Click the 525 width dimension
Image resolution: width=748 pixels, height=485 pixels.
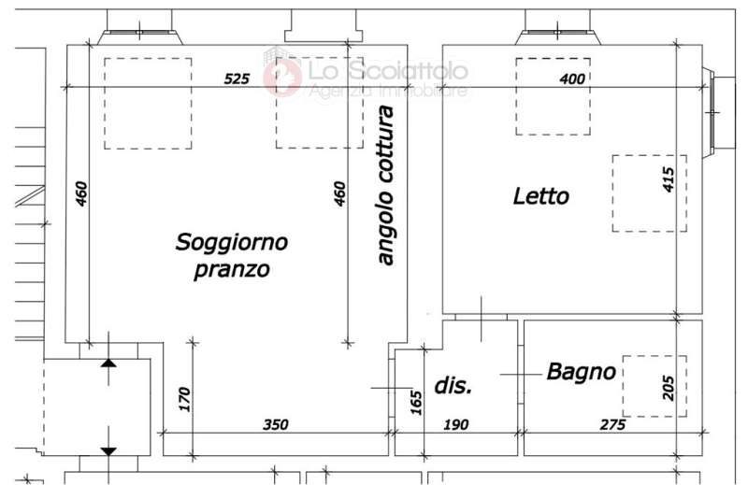[237, 78]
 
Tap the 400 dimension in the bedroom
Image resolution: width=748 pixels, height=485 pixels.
[572, 78]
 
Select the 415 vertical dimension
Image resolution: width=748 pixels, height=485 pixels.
[669, 179]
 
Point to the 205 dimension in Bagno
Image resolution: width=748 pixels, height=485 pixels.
[669, 388]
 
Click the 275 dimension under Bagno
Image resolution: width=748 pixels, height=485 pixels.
[612, 424]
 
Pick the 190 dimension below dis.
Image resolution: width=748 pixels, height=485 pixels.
[456, 424]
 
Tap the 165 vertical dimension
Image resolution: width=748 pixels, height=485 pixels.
[416, 403]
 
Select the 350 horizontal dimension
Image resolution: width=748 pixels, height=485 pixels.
[276, 424]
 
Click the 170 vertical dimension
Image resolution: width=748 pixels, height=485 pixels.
[184, 399]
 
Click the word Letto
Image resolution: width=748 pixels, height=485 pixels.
[541, 196]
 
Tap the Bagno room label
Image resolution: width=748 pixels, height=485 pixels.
[581, 372]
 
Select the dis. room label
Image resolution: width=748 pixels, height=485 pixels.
[453, 385]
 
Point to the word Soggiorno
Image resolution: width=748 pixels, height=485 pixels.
[232, 243]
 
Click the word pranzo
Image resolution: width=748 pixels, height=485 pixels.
[232, 270]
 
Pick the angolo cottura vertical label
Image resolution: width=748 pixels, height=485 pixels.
[385, 185]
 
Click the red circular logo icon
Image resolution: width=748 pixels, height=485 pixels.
[283, 77]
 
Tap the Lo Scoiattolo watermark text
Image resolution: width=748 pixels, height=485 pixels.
[388, 71]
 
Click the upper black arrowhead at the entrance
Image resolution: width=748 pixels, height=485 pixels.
[108, 363]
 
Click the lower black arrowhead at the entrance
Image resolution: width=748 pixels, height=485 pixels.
[108, 451]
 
